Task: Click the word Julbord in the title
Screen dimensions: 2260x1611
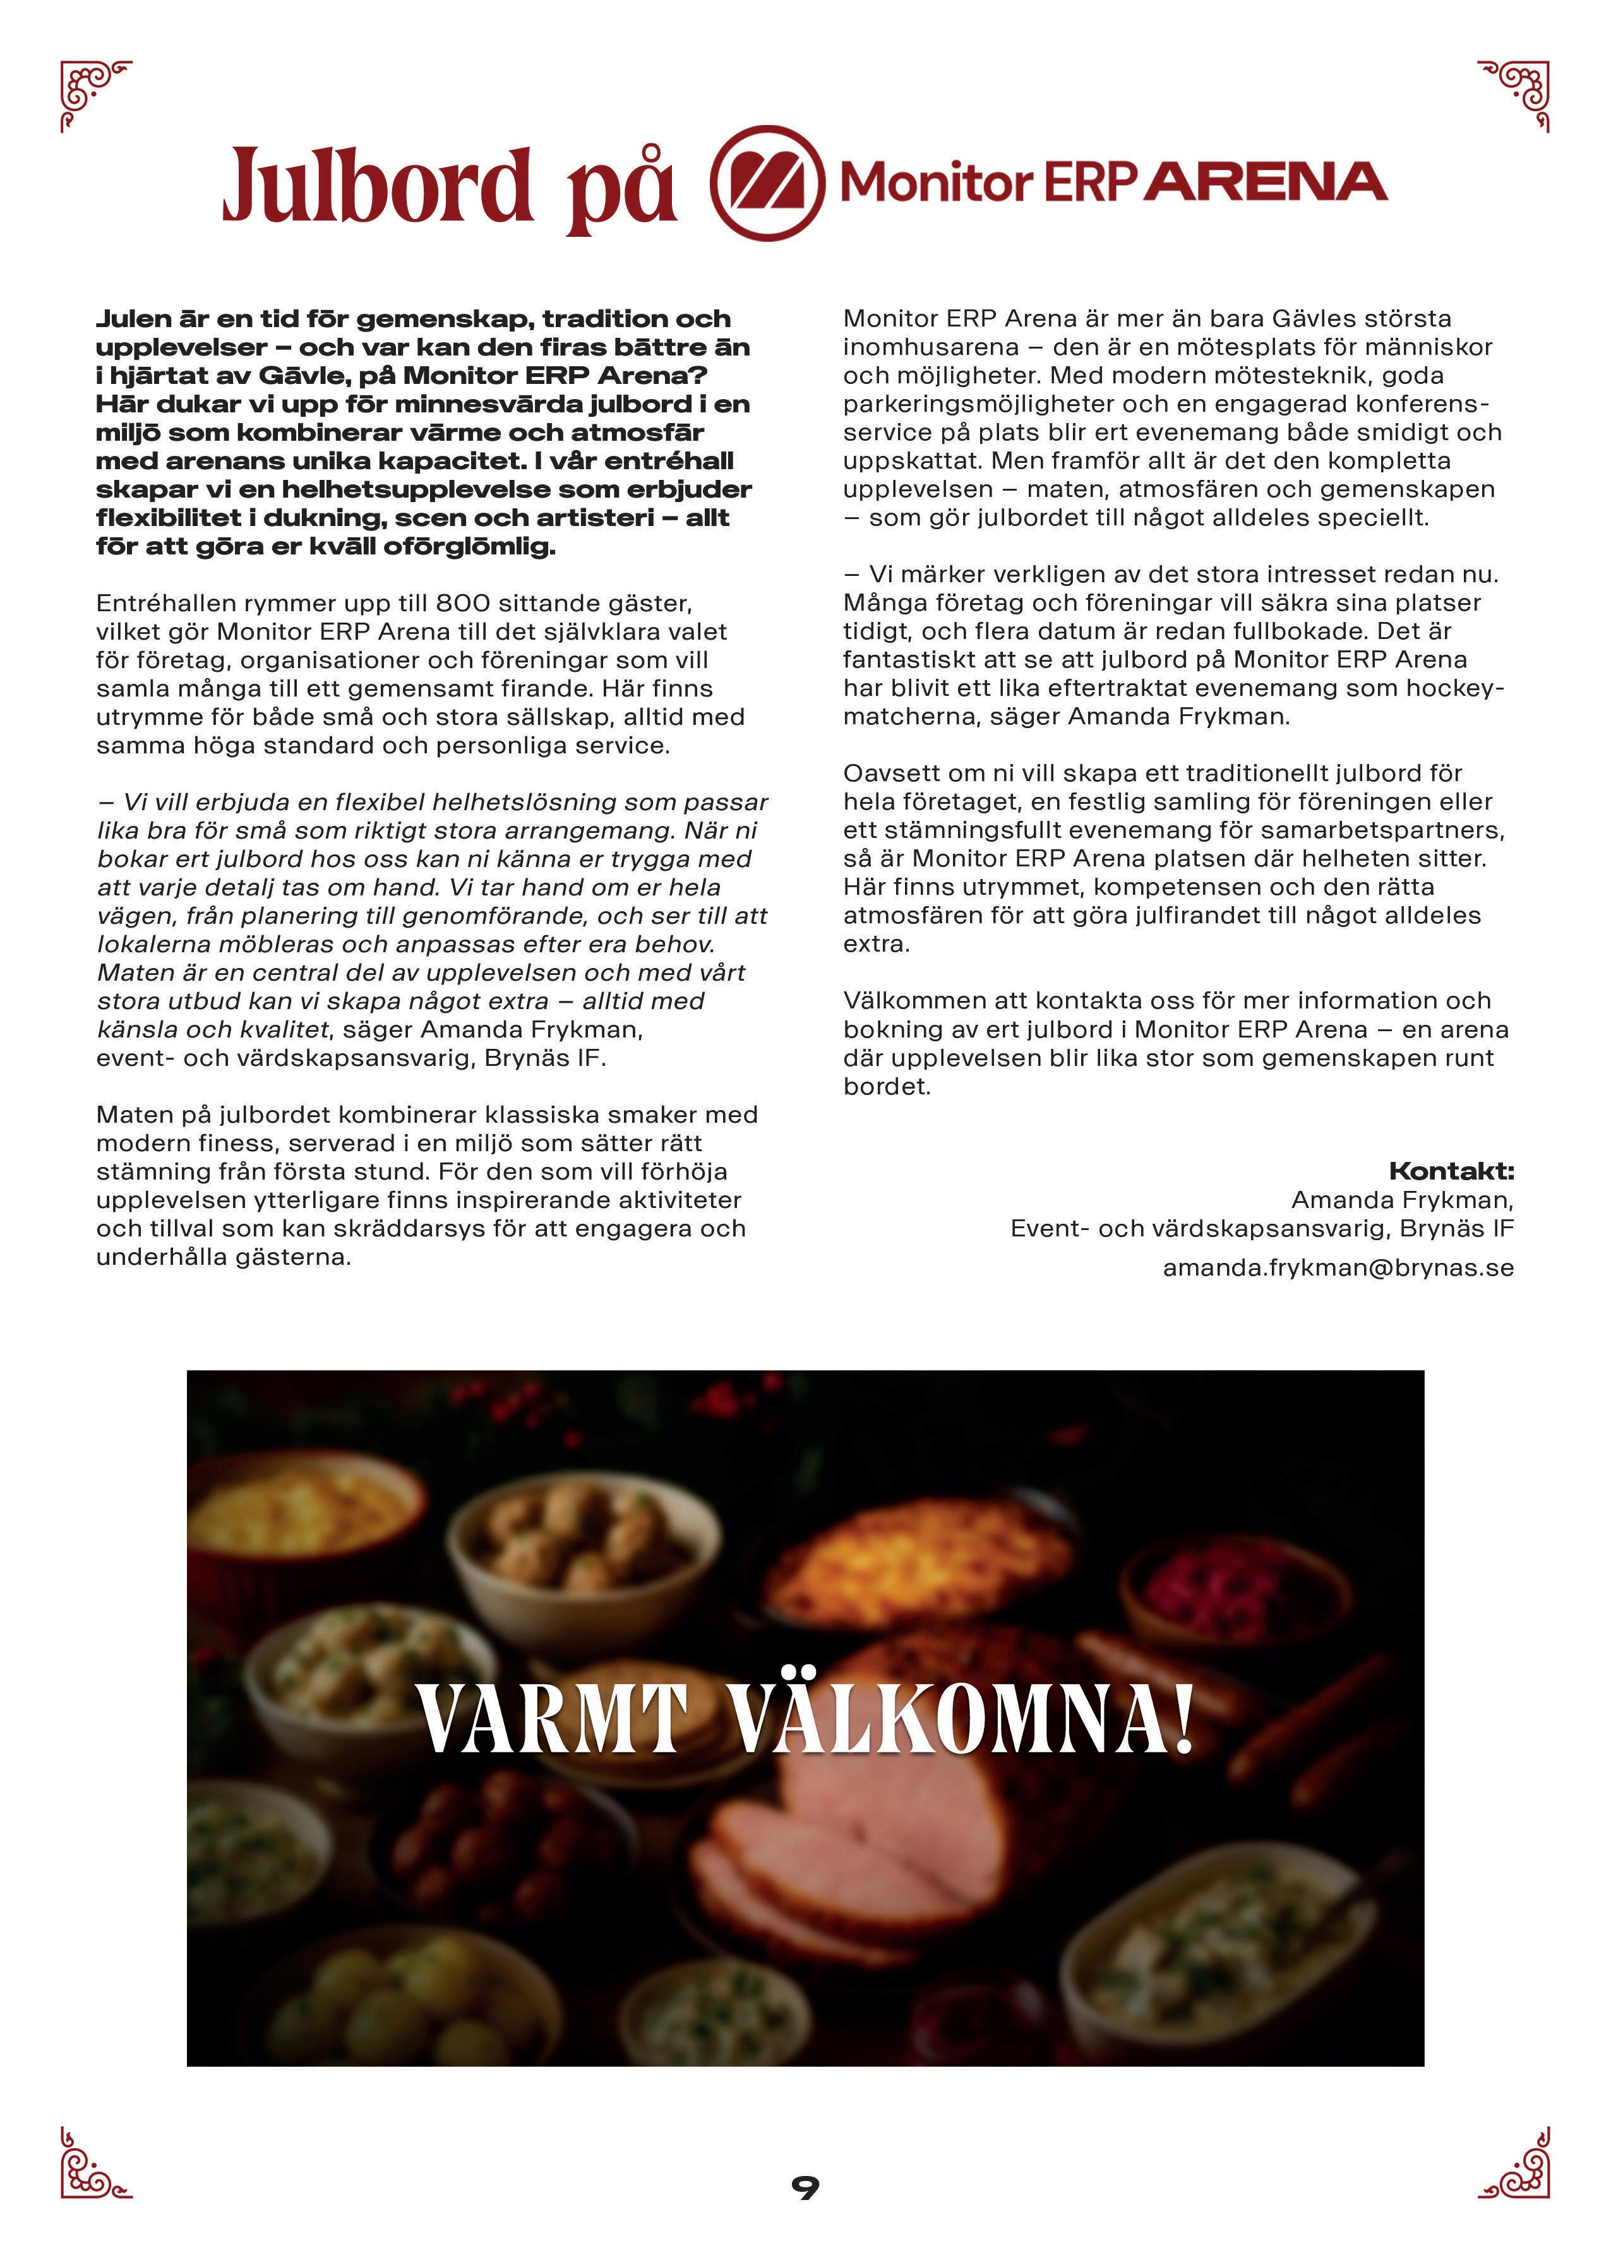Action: pyautogui.click(x=377, y=186)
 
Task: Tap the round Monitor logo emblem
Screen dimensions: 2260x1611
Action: pyautogui.click(x=766, y=184)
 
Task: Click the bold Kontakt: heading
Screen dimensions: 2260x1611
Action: pyautogui.click(x=1451, y=1171)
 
